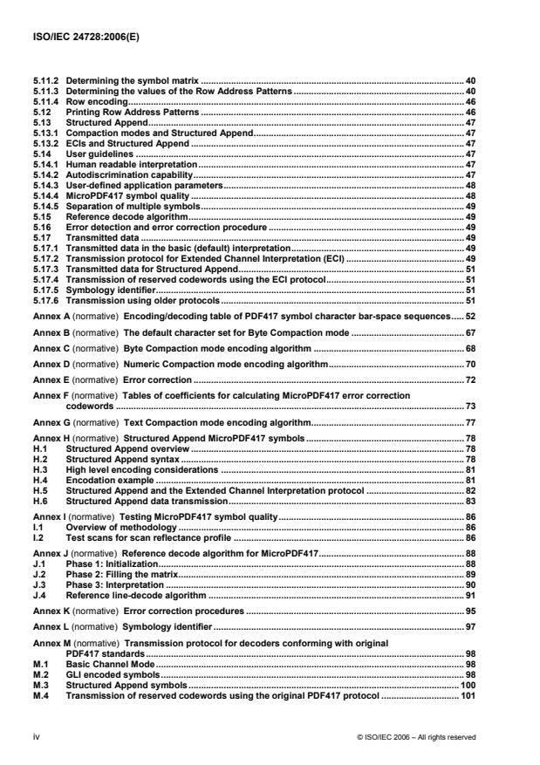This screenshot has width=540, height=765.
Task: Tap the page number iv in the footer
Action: tap(35, 736)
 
